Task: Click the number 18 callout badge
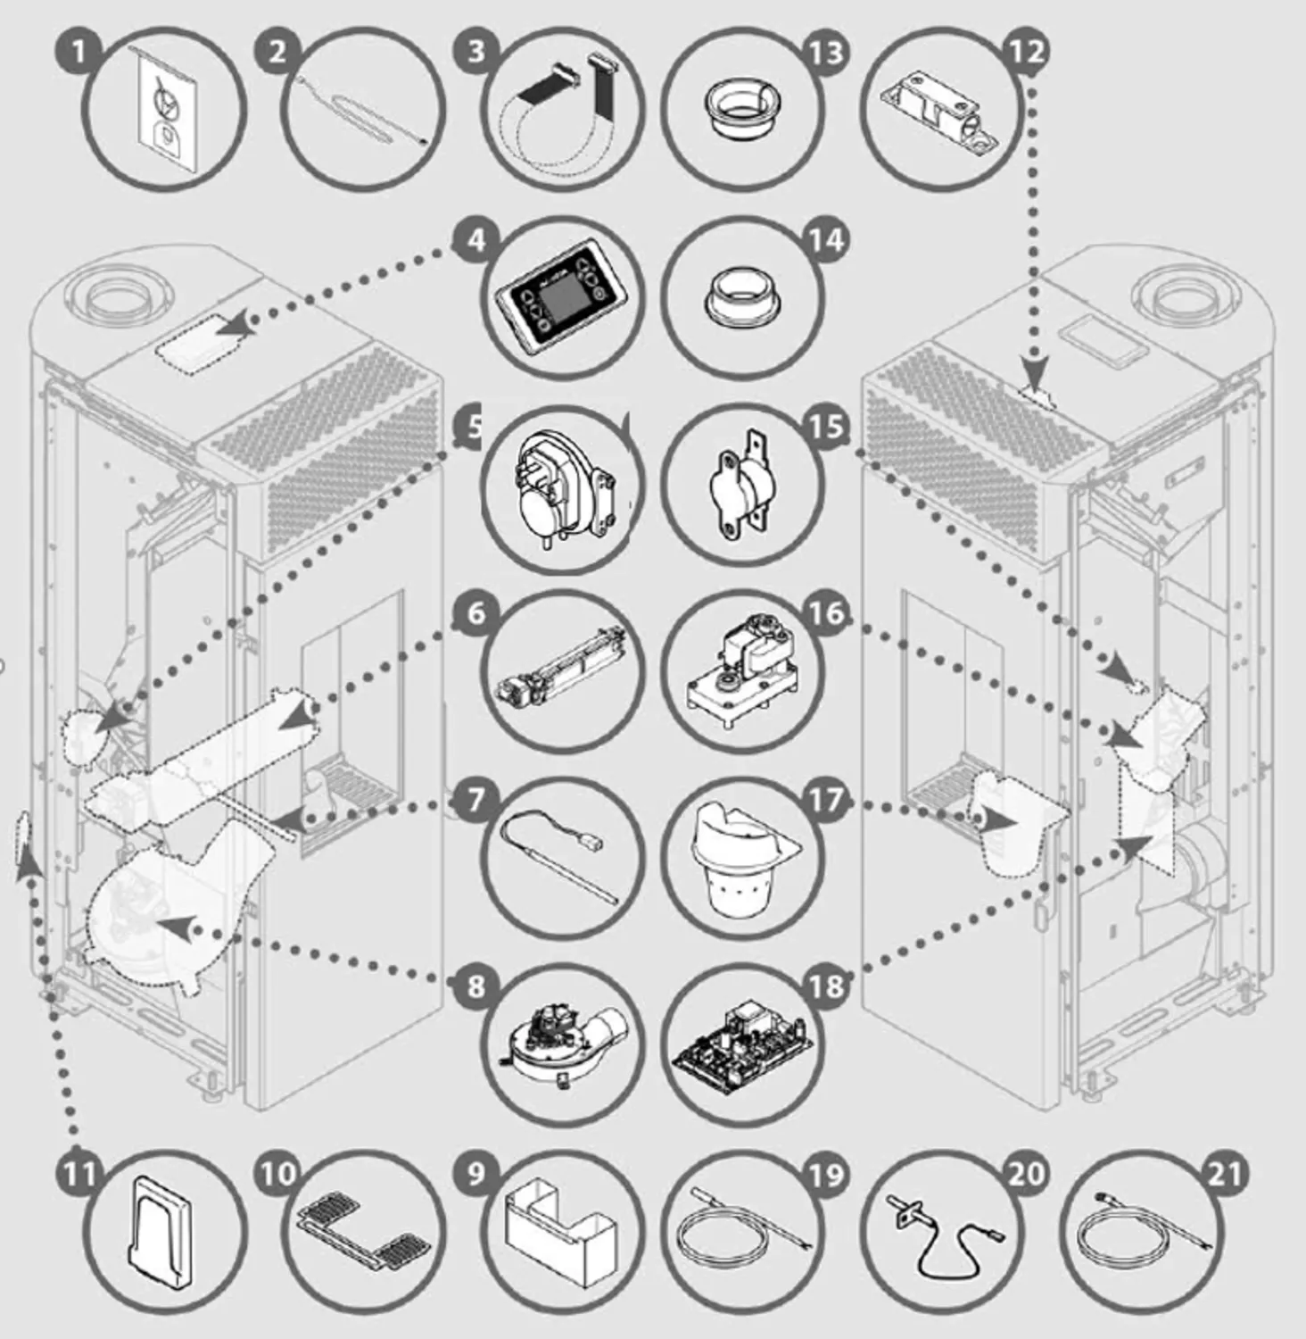826,986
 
